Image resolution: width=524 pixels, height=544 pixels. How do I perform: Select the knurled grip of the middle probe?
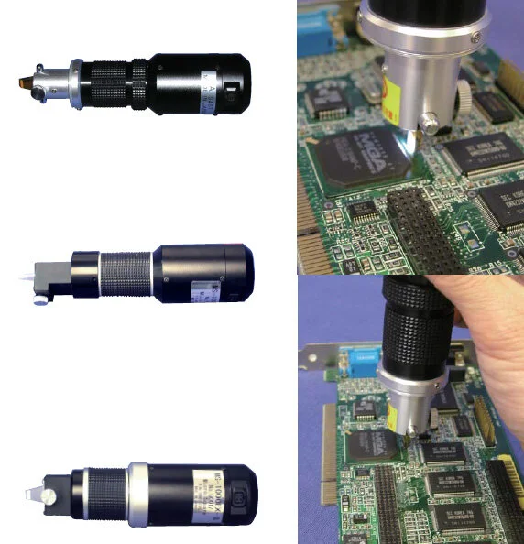click(126, 272)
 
